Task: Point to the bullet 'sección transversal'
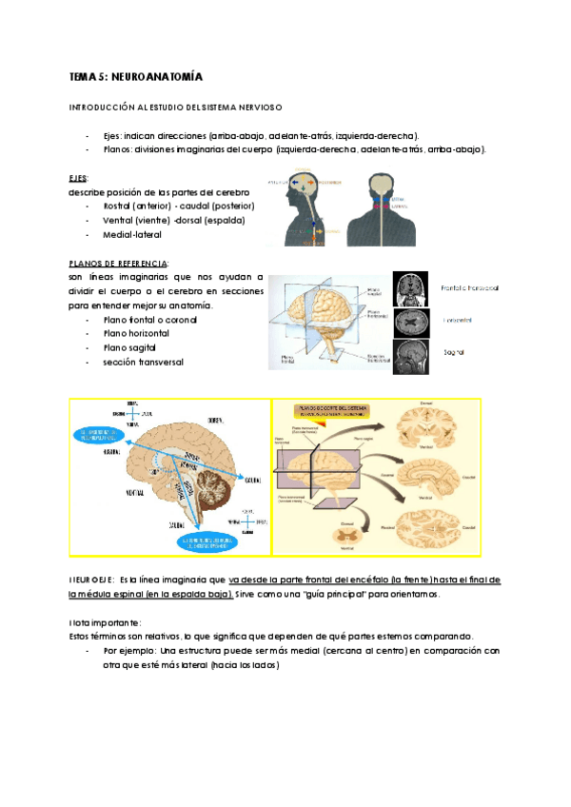pyautogui.click(x=143, y=363)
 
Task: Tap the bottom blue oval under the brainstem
pyautogui.click(x=200, y=542)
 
